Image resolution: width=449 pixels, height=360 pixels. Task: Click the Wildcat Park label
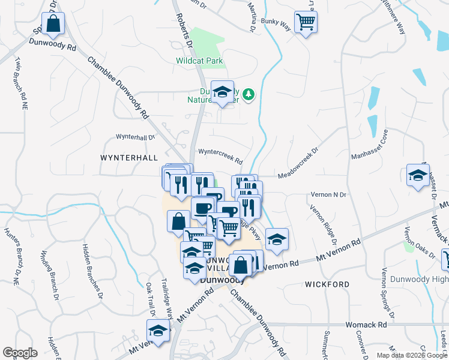pos(199,61)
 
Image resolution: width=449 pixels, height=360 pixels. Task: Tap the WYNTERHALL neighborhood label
pos(129,157)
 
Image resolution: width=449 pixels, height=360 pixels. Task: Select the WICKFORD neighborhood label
pos(327,283)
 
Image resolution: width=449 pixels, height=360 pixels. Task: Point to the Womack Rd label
pos(365,325)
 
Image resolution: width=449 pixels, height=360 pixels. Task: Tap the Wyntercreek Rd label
pos(220,157)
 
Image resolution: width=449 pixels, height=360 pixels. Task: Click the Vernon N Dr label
pos(328,195)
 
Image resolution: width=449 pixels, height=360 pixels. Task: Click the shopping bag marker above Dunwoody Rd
pos(53,25)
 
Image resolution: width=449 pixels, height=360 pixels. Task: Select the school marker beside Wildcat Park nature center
pos(223,92)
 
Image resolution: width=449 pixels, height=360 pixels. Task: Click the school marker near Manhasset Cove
pos(418,175)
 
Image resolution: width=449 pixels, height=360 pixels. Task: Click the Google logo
pos(20,353)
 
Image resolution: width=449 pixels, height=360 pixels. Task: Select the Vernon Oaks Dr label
pos(419,240)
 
